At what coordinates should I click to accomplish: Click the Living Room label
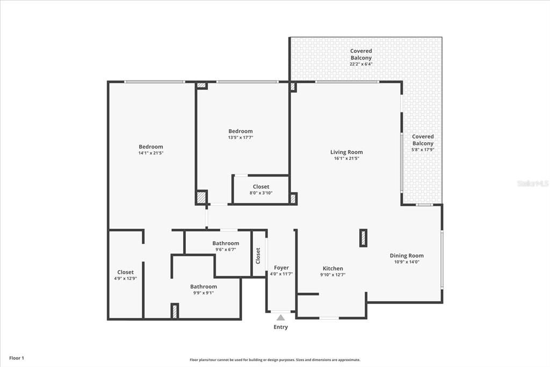pyautogui.click(x=346, y=152)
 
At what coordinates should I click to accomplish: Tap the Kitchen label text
pyautogui.click(x=332, y=269)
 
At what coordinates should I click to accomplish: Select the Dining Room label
pyautogui.click(x=407, y=256)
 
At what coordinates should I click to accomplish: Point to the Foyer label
pyautogui.click(x=281, y=267)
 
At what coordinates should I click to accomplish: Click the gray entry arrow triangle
pyautogui.click(x=280, y=317)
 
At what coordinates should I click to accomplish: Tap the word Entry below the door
pyautogui.click(x=280, y=327)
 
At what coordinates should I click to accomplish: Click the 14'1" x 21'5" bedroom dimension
pyautogui.click(x=150, y=153)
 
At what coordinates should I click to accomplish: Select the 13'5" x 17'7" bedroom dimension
pyautogui.click(x=240, y=138)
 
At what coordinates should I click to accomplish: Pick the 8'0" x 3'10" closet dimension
pyautogui.click(x=261, y=193)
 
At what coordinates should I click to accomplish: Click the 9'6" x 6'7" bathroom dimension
pyautogui.click(x=226, y=250)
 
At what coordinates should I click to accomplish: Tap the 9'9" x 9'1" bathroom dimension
pyautogui.click(x=204, y=293)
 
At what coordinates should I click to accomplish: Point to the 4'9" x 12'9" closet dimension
pyautogui.click(x=126, y=278)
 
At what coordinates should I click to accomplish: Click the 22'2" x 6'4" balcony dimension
pyautogui.click(x=361, y=64)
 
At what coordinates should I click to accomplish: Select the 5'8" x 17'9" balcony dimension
pyautogui.click(x=423, y=150)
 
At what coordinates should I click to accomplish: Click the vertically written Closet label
pyautogui.click(x=258, y=255)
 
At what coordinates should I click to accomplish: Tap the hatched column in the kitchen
pyautogui.click(x=363, y=238)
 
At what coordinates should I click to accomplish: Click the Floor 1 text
pyautogui.click(x=16, y=358)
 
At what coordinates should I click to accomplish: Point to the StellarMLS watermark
pyautogui.click(x=533, y=183)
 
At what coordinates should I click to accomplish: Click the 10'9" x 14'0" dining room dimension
pyautogui.click(x=407, y=262)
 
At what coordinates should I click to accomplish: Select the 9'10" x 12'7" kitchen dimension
pyautogui.click(x=332, y=275)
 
